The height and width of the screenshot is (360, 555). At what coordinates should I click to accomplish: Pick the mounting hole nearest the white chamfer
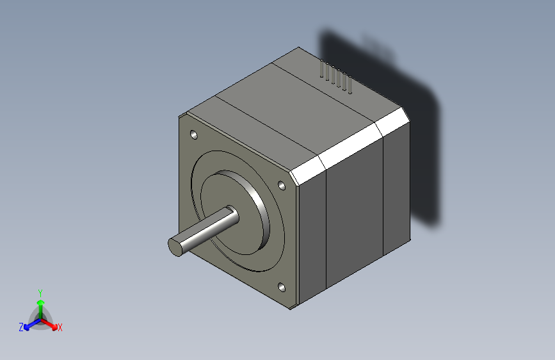(281, 185)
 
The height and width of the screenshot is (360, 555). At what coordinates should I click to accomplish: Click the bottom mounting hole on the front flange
(282, 288)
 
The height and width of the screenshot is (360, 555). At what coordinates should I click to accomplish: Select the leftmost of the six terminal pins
(321, 71)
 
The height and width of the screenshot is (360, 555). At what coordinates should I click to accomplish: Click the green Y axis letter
(40, 292)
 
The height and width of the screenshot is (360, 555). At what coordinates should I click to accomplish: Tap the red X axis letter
(60, 328)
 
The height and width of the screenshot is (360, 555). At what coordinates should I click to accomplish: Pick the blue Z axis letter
(21, 327)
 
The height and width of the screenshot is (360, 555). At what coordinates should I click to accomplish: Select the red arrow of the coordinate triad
(51, 323)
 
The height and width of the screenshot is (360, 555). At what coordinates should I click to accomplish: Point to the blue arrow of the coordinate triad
(29, 324)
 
